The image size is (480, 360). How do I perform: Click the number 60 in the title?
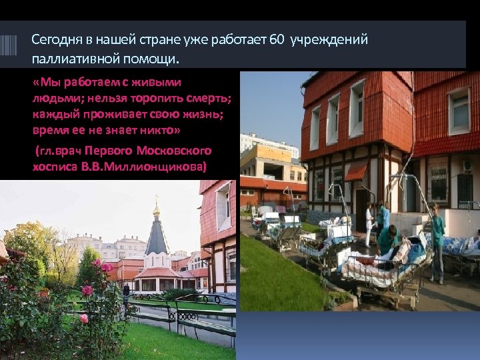(x=277, y=40)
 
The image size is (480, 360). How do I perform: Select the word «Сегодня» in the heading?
(x=55, y=40)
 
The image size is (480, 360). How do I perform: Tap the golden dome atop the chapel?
(x=157, y=211)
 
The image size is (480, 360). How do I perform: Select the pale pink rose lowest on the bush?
(x=84, y=318)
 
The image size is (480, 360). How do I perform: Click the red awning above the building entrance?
(x=355, y=171)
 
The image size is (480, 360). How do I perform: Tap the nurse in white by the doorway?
(x=369, y=223)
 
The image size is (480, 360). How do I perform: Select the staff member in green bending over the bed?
(x=387, y=240)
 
